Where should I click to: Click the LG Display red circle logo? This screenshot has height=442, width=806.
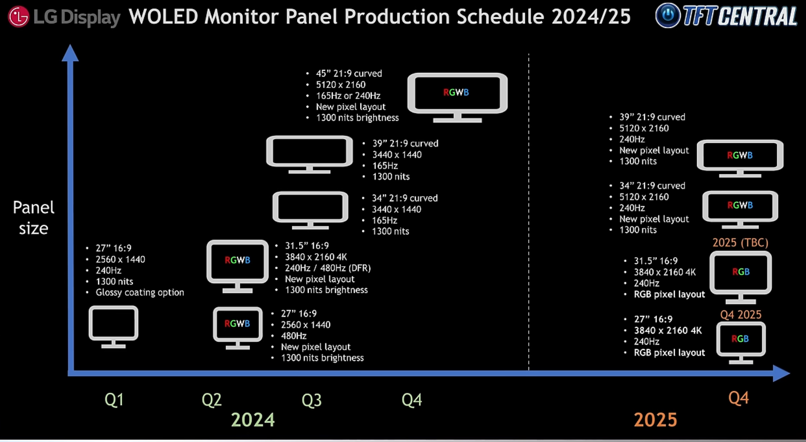(19, 17)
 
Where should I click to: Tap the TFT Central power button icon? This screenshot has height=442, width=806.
(668, 15)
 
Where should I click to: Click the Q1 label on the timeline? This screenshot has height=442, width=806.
(114, 400)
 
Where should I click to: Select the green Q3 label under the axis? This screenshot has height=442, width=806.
(311, 400)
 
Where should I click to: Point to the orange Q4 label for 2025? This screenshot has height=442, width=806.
(738, 398)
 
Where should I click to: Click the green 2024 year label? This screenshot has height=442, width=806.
(253, 419)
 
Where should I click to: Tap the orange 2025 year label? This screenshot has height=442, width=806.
(655, 419)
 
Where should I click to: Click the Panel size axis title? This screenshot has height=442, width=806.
(34, 218)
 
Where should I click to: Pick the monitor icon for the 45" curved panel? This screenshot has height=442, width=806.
(457, 97)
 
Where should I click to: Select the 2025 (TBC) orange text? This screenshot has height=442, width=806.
(740, 242)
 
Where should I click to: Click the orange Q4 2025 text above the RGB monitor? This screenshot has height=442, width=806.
(741, 315)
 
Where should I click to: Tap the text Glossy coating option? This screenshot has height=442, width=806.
(140, 292)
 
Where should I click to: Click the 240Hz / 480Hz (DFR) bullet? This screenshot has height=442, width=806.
(328, 268)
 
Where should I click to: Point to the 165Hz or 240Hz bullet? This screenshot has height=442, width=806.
(348, 96)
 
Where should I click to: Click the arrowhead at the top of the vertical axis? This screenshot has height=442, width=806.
(70, 53)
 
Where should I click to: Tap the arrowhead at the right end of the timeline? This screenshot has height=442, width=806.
(781, 373)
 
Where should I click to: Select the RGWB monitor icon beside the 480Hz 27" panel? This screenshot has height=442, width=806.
(238, 328)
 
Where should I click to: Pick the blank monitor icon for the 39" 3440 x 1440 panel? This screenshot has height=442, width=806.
(309, 154)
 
